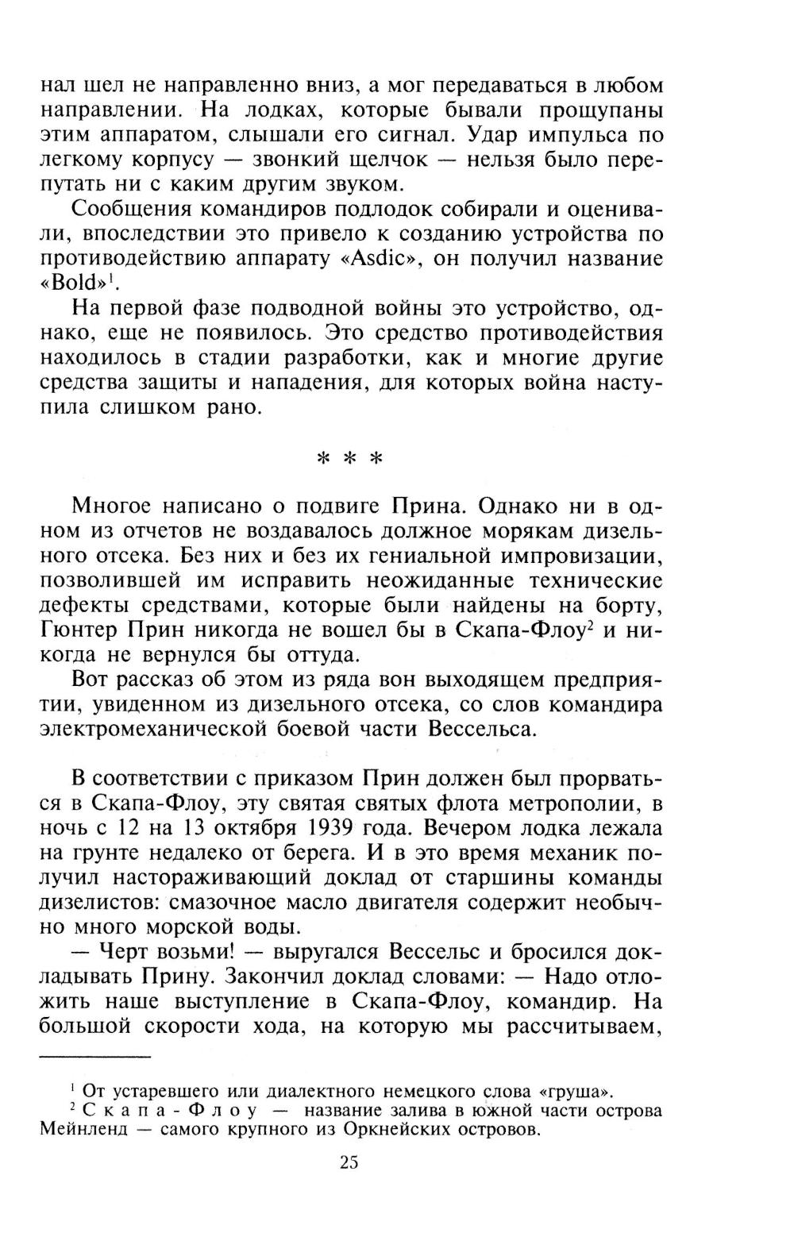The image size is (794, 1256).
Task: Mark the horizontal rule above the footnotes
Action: pyautogui.click(x=95, y=1057)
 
